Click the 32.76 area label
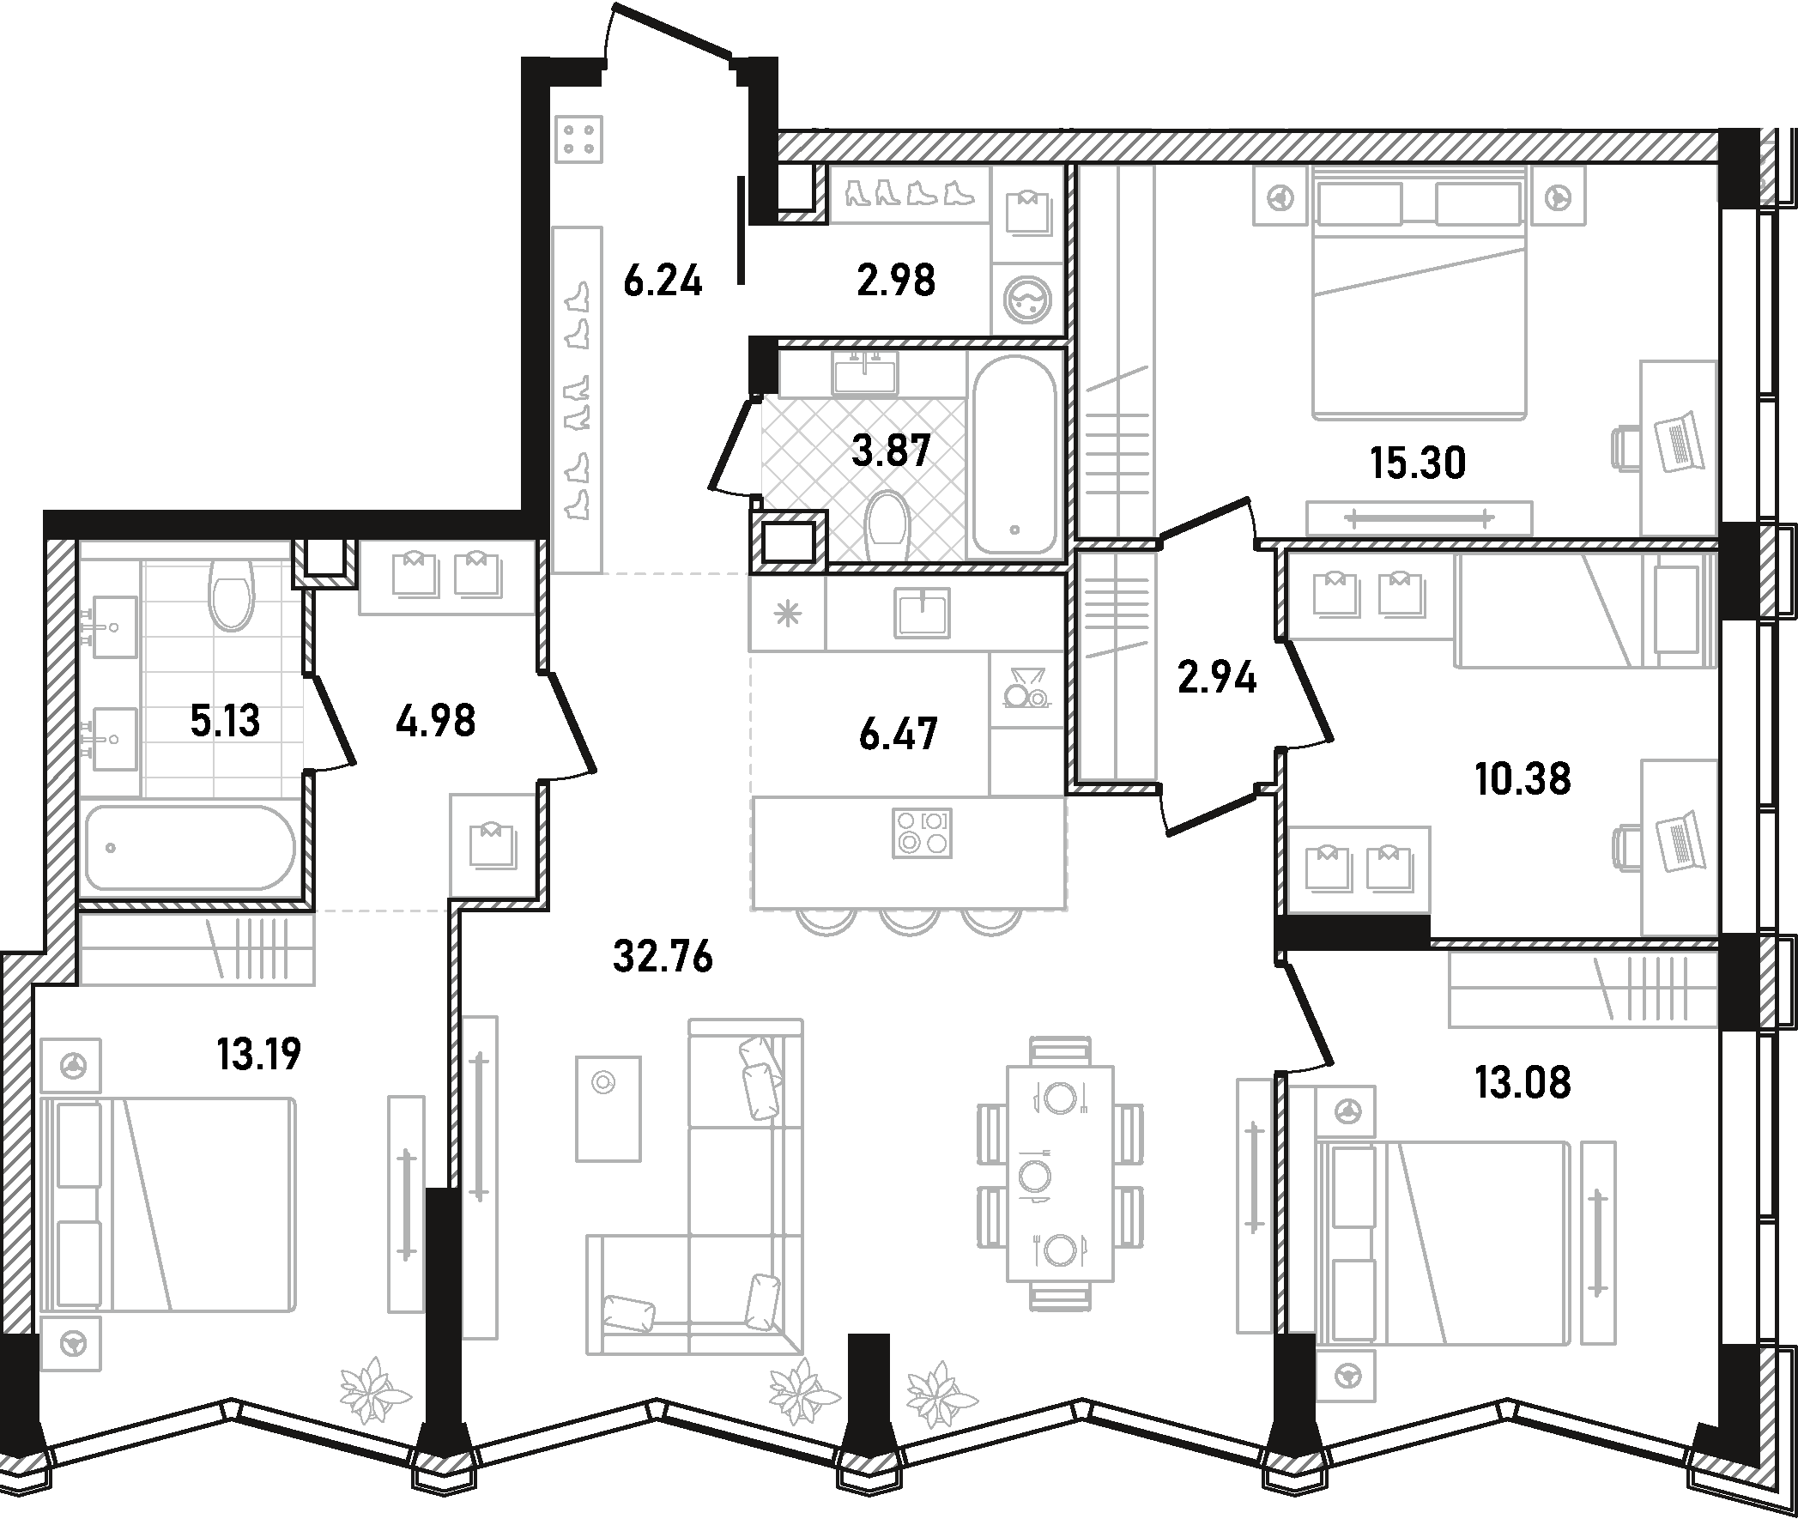point(663,956)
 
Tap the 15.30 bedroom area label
point(1419,463)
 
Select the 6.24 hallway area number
point(663,281)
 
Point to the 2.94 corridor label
point(1217,678)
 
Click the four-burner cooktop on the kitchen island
point(923,832)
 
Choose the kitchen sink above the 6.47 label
point(923,612)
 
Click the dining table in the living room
point(1060,1175)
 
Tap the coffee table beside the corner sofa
point(608,1107)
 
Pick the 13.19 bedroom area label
point(259,1053)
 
